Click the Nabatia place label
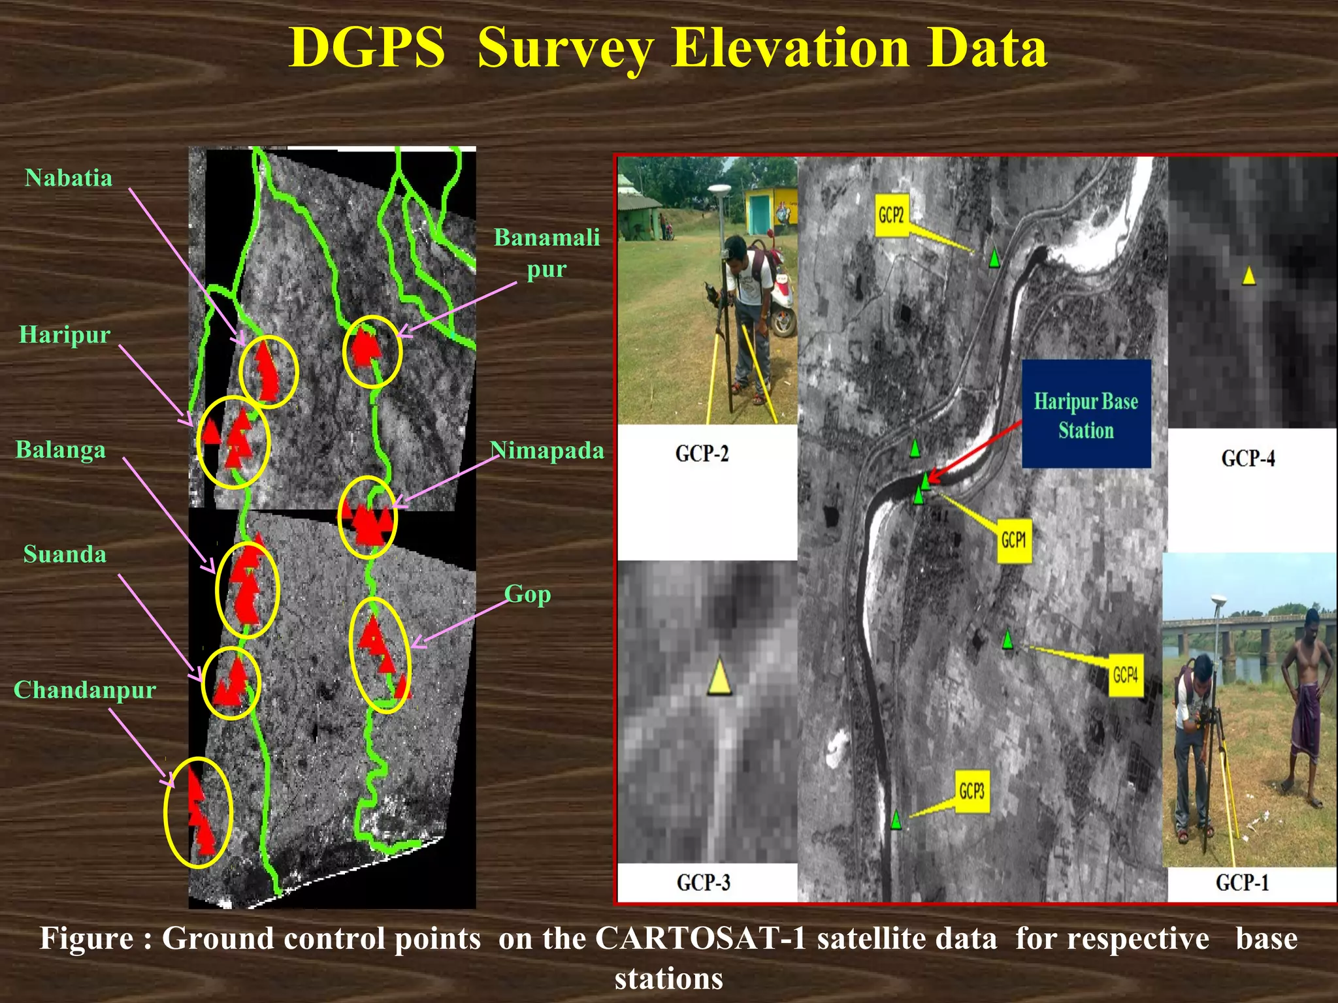(69, 178)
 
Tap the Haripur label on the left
(65, 335)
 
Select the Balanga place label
(61, 450)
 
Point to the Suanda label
(65, 554)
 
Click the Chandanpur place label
(85, 690)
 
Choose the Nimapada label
(547, 451)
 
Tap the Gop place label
(528, 594)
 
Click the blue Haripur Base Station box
(1086, 414)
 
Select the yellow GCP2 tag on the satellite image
(891, 215)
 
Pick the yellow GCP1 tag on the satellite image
(1014, 540)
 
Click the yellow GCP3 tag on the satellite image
(971, 791)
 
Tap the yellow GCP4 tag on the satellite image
(1125, 675)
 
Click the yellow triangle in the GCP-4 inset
(1248, 276)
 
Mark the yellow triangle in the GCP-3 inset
(719, 677)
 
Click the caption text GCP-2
(702, 453)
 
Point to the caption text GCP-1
(1242, 883)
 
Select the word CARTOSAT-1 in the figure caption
(698, 939)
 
